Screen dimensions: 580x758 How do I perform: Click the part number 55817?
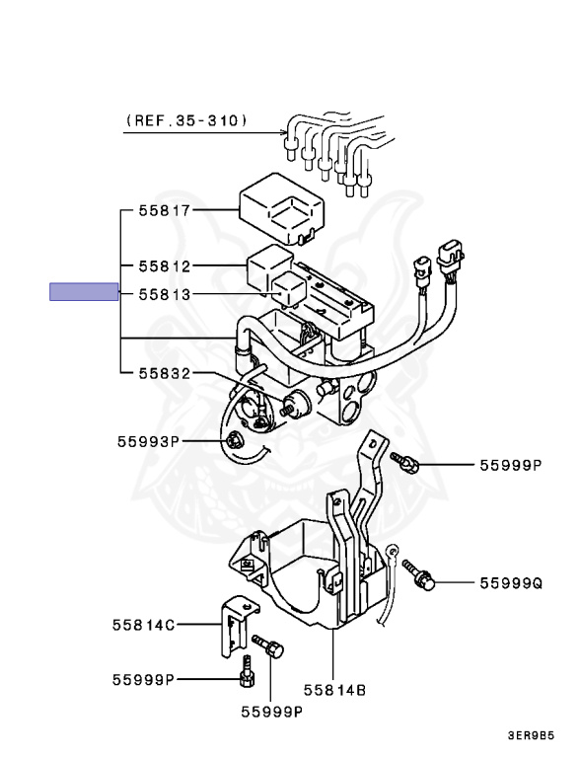click(165, 211)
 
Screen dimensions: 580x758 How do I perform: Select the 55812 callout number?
click(165, 266)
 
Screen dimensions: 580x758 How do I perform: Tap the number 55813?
click(165, 294)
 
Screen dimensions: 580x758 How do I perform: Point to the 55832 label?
click(165, 373)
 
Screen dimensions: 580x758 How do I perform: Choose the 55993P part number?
click(148, 441)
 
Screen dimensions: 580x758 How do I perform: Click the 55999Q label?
click(511, 583)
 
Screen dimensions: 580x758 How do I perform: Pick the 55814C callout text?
click(144, 625)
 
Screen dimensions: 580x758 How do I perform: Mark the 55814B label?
click(334, 690)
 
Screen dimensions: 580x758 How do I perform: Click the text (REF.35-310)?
click(186, 119)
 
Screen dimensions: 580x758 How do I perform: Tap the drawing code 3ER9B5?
click(531, 735)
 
